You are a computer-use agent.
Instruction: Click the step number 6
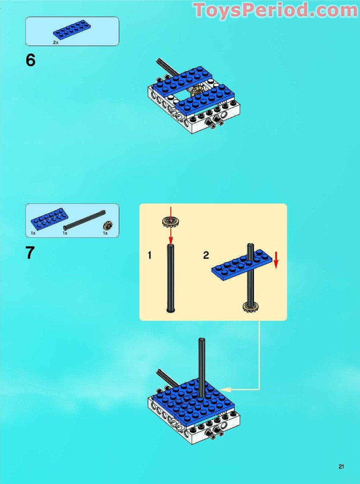(31, 60)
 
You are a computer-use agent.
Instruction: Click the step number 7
(30, 253)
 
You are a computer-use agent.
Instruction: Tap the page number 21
(341, 467)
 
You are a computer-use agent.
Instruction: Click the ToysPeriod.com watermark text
(276, 10)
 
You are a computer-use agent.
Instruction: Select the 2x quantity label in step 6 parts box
(55, 43)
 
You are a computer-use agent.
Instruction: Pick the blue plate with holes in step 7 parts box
(48, 219)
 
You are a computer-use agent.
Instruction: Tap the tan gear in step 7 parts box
(108, 226)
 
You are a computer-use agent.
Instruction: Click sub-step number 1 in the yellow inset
(150, 256)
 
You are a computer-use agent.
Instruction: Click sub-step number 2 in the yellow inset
(206, 256)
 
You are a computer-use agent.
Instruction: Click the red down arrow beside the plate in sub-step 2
(276, 259)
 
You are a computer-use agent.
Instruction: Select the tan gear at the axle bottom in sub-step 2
(250, 307)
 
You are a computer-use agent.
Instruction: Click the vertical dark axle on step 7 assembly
(202, 364)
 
